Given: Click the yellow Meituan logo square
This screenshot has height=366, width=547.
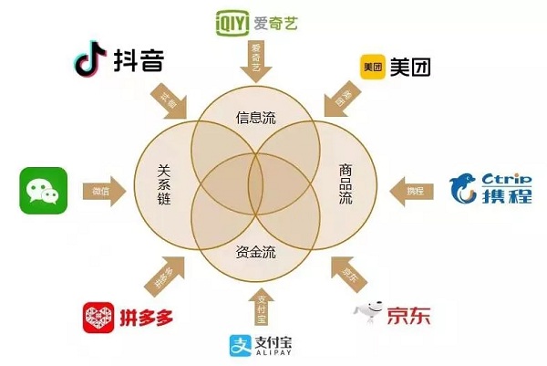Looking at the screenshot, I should pos(373,68).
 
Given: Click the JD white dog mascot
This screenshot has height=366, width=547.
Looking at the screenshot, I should pos(366,313).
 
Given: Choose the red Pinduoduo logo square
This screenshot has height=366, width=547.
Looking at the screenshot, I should pos(98,318).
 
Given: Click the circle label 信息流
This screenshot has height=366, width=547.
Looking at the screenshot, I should pos(255,118).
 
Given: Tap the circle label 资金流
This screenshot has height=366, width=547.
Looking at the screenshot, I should pos(255,251).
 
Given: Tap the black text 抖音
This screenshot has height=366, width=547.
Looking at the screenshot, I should pos(139,62).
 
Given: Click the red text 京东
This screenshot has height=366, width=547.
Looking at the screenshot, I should pos(408,316).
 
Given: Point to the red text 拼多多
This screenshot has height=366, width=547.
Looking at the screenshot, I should pos(147,319).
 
